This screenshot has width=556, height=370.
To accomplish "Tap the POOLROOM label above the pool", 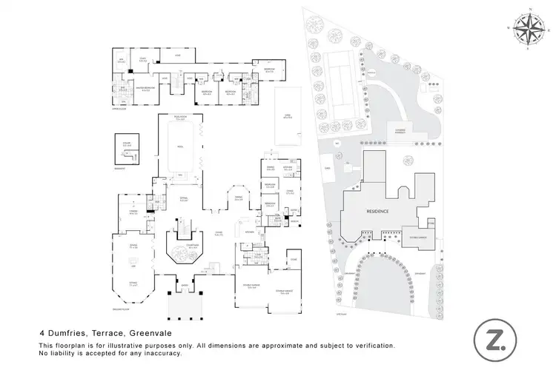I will (179, 117).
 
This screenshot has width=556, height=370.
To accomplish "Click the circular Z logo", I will (492, 340).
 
